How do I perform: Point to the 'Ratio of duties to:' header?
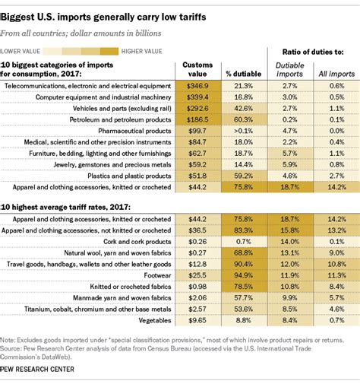coord(313,51)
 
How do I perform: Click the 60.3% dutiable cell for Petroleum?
coord(243,119)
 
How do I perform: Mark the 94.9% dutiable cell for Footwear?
coord(243,273)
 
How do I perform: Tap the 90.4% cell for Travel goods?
coord(243,262)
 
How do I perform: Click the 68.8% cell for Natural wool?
coord(243,252)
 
